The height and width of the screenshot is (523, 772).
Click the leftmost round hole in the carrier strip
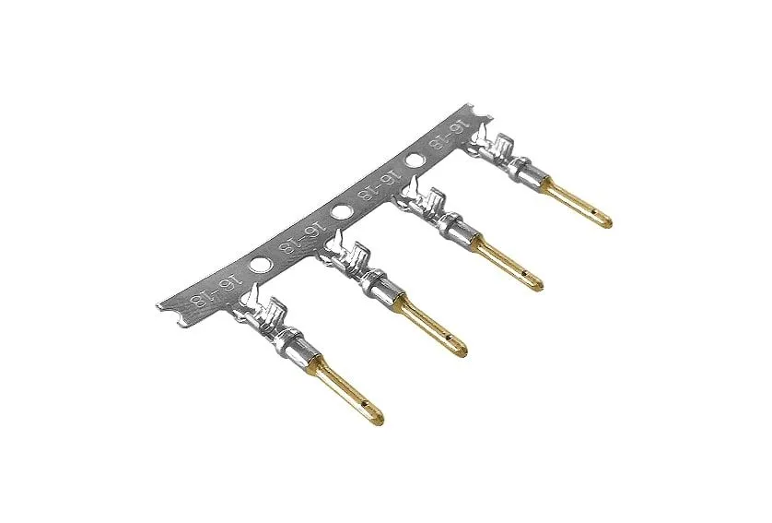tap(259, 264)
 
